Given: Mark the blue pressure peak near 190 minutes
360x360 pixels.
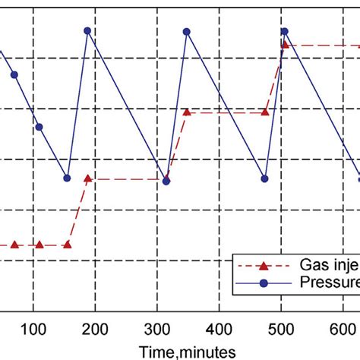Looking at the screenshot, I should point(87,31).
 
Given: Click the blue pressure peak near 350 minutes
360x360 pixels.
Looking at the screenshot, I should point(187,32).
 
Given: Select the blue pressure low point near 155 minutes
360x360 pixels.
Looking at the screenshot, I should point(68,178).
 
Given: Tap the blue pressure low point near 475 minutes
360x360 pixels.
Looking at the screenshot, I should point(265,179).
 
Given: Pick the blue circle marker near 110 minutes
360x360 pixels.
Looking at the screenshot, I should point(39,127).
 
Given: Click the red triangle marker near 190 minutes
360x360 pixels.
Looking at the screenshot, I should point(88,178).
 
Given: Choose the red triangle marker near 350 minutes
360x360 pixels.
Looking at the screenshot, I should point(187,112).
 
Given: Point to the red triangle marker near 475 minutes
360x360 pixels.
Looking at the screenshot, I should point(265,112).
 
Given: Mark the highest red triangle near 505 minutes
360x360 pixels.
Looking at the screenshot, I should point(285,45).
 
